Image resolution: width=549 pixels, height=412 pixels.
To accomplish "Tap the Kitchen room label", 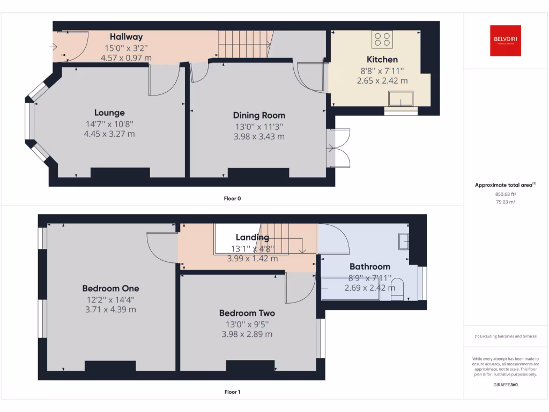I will (x=382, y=60).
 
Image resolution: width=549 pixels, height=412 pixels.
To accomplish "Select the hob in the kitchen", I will (x=382, y=39).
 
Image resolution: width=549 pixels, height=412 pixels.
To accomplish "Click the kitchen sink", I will (x=401, y=98).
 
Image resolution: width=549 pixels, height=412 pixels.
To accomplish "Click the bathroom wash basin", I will (x=403, y=241).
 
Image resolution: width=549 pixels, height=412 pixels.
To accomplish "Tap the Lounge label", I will (x=109, y=113).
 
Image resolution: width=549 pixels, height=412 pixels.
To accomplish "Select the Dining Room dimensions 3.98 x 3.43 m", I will (x=259, y=137).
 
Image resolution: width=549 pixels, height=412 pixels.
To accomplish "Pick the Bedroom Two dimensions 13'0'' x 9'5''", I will (x=247, y=323).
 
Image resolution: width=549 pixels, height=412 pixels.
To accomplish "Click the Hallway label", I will (x=127, y=37).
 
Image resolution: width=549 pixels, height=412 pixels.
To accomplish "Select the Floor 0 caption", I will (x=232, y=198).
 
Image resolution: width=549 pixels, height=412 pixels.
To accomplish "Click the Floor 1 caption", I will (x=232, y=392).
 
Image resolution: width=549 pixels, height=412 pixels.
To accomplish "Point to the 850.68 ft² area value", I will (x=505, y=194).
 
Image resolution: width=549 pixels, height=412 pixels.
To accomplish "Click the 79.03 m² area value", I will (x=505, y=202).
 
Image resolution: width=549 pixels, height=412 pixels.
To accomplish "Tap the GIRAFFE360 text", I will (x=505, y=385).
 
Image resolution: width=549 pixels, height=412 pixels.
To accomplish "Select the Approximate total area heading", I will (x=505, y=185).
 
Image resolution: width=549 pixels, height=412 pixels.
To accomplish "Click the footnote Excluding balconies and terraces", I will (x=505, y=336).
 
